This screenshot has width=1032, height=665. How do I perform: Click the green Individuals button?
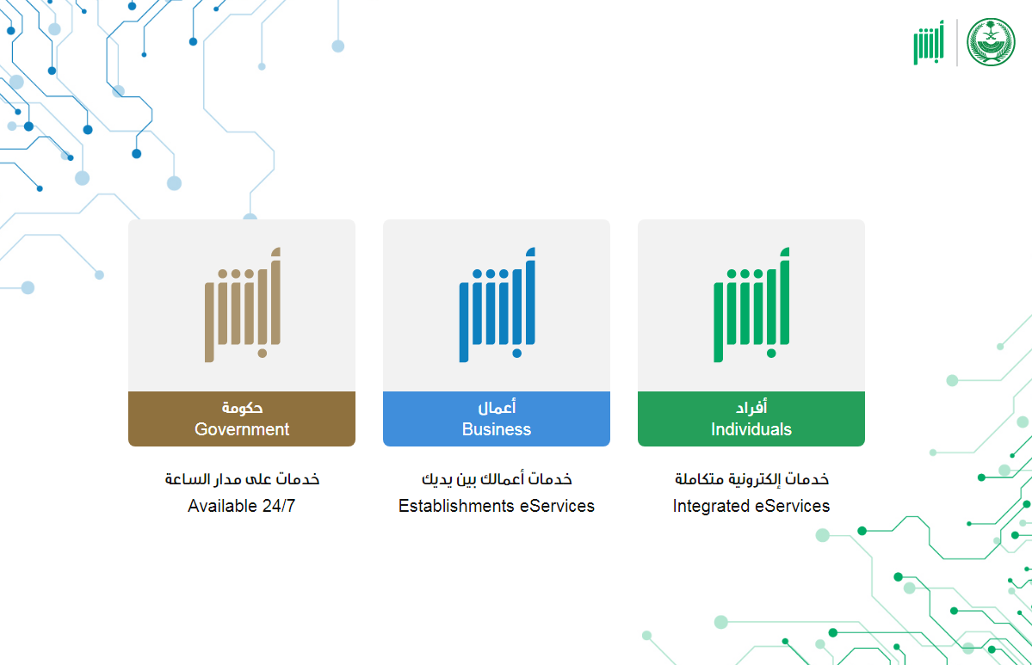751,419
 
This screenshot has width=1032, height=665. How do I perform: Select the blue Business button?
497,419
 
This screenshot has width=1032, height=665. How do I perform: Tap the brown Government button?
242,419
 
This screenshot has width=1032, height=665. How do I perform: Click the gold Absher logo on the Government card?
243,305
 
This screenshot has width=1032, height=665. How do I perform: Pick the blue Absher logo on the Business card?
497,305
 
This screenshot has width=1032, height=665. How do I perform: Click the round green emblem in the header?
991,42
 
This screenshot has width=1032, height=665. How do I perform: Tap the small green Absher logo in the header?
929,43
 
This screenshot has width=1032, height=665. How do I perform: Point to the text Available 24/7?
242,506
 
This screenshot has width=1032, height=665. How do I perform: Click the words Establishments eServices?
497,506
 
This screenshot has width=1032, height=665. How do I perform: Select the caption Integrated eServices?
751,506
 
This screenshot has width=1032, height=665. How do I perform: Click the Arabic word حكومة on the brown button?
242,408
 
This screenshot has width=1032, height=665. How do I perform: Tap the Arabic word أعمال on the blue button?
497,408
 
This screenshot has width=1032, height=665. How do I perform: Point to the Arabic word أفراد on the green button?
751,408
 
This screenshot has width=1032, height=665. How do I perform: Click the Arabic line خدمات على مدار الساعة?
242,479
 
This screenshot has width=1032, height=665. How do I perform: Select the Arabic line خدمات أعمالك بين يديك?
497,479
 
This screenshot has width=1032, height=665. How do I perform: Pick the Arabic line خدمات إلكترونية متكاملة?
751,479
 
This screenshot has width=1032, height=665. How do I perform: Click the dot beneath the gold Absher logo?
262,354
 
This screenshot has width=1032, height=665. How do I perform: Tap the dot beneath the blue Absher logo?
516,354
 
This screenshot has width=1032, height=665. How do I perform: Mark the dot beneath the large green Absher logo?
771,354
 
